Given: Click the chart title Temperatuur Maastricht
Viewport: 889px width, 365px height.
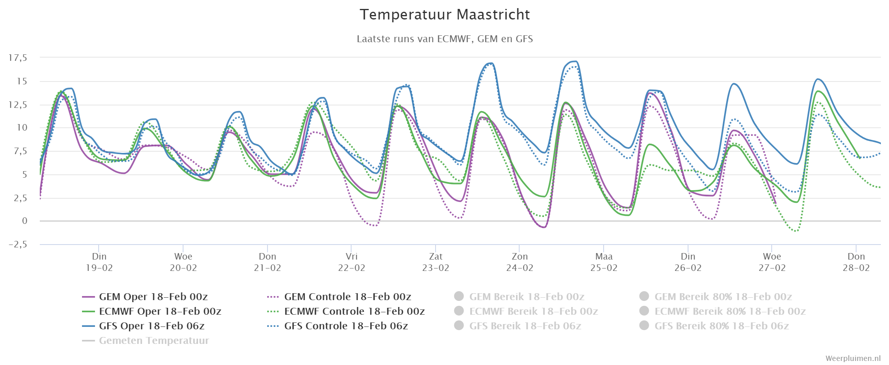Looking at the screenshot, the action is (444, 15).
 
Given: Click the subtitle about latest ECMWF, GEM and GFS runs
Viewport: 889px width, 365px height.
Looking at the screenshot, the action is (444, 39).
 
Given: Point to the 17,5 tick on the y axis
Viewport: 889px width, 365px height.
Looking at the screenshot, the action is (18, 58).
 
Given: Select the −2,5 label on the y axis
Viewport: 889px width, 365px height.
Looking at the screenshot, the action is (18, 244).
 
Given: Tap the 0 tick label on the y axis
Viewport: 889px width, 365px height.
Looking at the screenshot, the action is (25, 221).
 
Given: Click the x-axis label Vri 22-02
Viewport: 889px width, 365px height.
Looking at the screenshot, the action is (352, 262).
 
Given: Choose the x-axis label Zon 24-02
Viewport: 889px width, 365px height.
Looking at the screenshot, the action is (520, 262).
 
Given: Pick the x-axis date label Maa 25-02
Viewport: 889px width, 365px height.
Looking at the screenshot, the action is (604, 262).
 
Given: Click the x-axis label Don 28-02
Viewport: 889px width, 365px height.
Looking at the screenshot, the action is (856, 262).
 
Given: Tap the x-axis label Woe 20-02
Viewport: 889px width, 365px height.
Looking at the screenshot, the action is (183, 262).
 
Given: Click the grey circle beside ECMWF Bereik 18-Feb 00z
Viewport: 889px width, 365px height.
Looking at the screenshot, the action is (459, 311).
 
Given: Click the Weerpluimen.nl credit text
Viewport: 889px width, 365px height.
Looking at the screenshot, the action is (853, 359).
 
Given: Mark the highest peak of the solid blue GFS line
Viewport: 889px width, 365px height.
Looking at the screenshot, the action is (575, 61).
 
